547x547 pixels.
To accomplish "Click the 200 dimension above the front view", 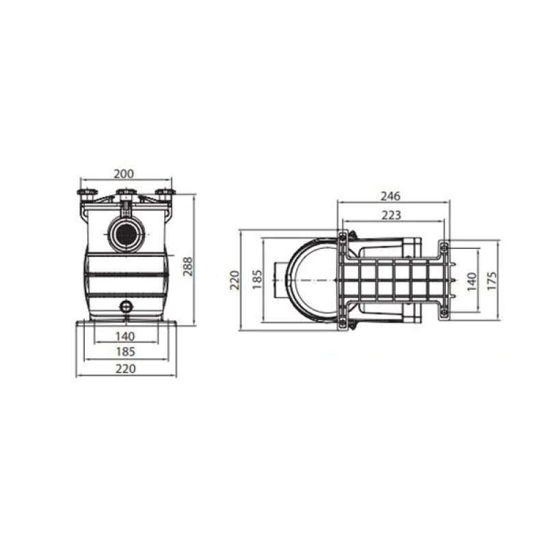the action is coord(124,174).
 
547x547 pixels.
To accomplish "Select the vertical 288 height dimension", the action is coord(187,267).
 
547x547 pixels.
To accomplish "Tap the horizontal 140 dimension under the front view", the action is coord(125,336).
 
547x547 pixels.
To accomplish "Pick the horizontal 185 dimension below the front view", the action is coord(125,351).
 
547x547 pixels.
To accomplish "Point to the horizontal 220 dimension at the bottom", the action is coord(126,369).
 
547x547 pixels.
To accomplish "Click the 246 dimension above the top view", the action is coord(390,196).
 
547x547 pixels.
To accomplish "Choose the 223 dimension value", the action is coord(391,215).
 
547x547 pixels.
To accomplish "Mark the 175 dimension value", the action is coord(492,280).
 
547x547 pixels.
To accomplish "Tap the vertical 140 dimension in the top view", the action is coord(471,282).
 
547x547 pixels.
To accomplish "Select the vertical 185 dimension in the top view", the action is coord(257,280).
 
